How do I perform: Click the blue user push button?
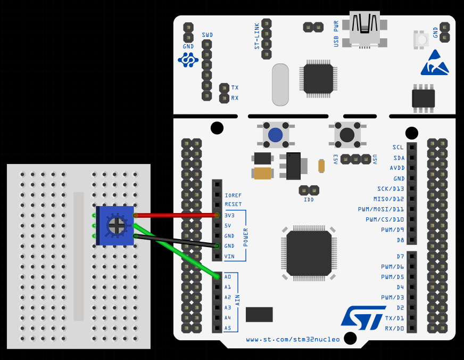[275, 135]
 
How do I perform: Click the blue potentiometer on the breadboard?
[115, 226]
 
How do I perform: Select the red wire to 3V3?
[176, 215]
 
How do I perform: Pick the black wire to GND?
[176, 240]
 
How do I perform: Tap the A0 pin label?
[228, 277]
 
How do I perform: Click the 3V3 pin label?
[230, 215]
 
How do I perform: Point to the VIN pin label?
[229, 256]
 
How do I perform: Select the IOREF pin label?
[233, 195]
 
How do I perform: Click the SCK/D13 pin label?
[391, 189]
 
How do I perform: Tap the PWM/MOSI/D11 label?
[381, 209]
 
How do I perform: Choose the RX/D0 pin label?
[394, 328]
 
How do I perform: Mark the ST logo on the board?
[363, 316]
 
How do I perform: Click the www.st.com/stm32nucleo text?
[293, 339]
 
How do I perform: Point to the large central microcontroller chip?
[309, 253]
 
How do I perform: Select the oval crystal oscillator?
[280, 85]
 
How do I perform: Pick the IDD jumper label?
[309, 200]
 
